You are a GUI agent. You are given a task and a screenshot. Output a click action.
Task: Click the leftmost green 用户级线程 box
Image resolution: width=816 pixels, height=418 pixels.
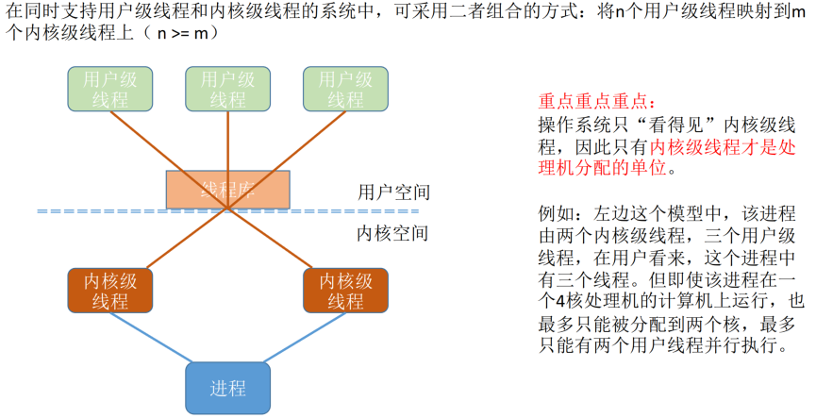tap(109, 89)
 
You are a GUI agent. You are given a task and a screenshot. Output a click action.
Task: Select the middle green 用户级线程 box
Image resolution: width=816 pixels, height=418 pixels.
tap(227, 89)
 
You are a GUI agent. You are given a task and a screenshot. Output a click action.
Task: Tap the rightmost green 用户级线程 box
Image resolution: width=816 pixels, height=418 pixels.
tap(345, 89)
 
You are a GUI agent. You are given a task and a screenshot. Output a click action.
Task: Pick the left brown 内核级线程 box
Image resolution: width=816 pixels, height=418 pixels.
tap(110, 291)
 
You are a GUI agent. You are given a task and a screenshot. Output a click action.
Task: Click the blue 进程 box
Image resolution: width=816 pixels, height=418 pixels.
tap(227, 388)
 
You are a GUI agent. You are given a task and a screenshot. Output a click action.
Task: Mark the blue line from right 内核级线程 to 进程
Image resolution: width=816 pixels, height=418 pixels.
tap(304, 337)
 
